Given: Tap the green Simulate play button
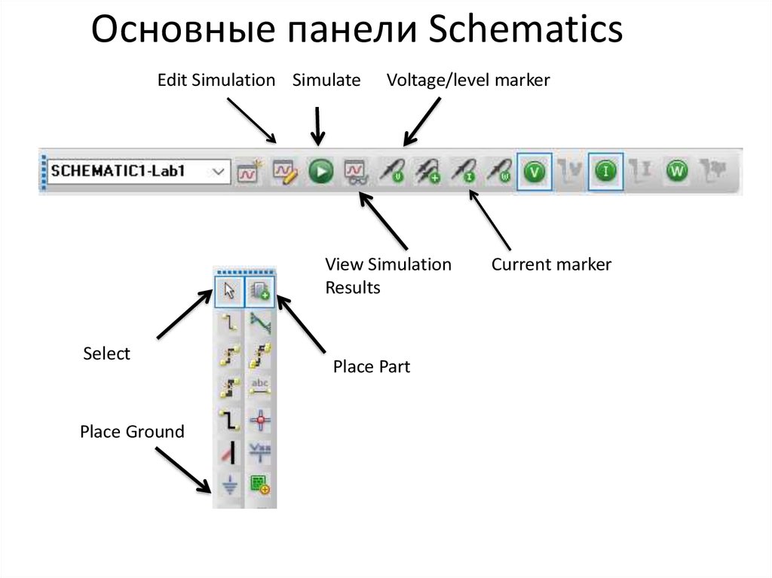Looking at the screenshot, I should (320, 172).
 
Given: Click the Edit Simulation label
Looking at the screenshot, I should (216, 80).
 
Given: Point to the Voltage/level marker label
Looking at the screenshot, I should (468, 80).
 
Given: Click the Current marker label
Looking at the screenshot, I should (551, 265).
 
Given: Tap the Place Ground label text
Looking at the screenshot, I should (132, 432).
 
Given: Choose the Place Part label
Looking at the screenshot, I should (372, 367).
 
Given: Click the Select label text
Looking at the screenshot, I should (106, 353).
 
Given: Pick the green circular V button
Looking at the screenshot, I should (535, 172).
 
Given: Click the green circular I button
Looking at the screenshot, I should (605, 172).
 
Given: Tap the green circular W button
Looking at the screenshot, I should (677, 172).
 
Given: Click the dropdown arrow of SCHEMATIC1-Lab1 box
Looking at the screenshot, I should (219, 172).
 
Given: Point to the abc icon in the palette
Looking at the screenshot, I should (260, 387).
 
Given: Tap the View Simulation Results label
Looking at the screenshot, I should (388, 276).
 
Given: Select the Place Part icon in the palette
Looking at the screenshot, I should (260, 291).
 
